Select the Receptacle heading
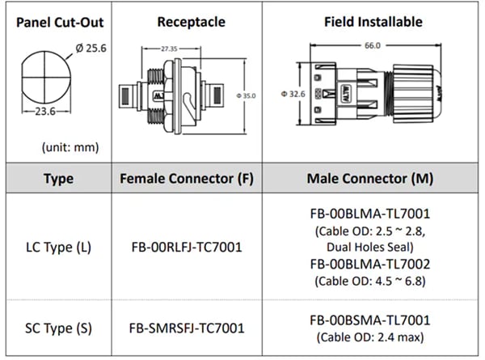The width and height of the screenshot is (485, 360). point(185,22)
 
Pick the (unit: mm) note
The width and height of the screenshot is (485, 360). point(65,147)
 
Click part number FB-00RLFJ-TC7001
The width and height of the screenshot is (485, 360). point(185,247)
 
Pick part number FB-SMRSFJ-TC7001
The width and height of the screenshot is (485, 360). point(185,329)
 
